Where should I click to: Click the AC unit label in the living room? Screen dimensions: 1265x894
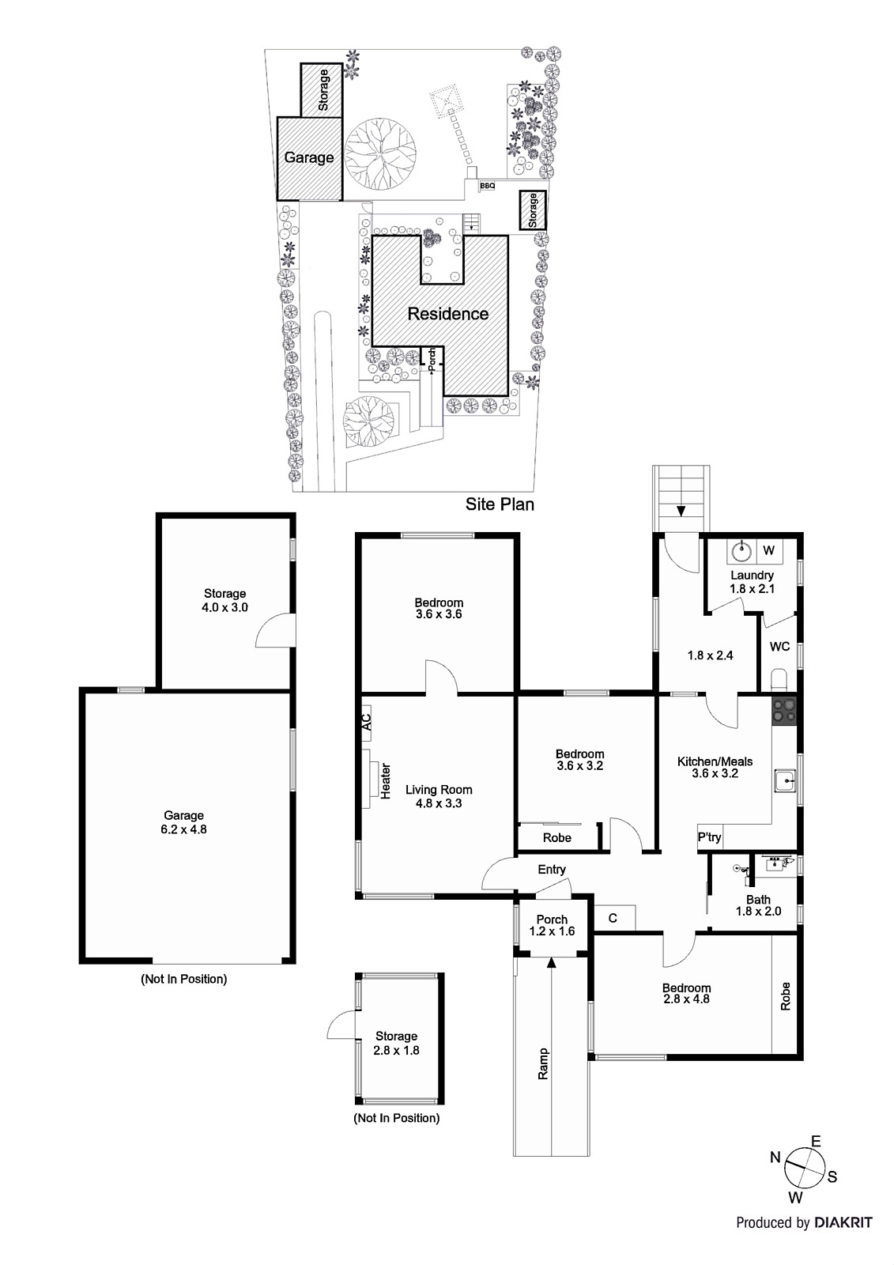367,723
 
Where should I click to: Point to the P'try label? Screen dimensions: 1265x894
709,837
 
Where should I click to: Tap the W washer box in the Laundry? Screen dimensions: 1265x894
768,550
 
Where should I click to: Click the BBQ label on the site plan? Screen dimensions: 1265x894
488,186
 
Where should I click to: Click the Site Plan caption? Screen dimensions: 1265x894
500,504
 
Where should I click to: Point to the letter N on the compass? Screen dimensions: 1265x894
775,1157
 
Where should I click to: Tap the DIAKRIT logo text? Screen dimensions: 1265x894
843,1222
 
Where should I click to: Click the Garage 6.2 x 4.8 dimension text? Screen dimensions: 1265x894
183,829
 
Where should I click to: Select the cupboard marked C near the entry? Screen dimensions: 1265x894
613,918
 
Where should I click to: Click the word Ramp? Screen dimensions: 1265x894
543,1063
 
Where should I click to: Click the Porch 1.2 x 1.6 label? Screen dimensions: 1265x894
552,925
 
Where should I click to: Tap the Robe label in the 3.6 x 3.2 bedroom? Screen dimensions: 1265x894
557,838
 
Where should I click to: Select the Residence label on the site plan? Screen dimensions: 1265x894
448,314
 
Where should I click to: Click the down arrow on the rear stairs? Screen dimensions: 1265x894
681,510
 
